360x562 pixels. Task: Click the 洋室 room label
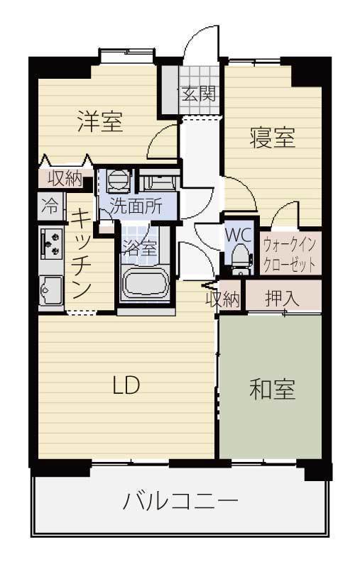(x=100, y=121)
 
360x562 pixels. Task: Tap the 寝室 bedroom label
(x=273, y=137)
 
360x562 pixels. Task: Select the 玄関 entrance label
(x=199, y=93)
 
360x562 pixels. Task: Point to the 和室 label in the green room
(x=273, y=390)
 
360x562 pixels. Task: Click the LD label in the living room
(x=126, y=385)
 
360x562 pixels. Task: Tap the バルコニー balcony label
(x=180, y=501)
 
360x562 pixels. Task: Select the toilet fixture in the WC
(x=241, y=259)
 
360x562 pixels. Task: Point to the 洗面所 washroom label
(x=136, y=206)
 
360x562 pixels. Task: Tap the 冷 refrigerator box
(x=51, y=206)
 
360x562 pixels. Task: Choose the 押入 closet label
(x=282, y=298)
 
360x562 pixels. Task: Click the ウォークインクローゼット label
(x=290, y=255)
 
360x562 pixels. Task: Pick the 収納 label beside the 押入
(x=223, y=299)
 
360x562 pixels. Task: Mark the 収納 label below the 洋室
(x=65, y=178)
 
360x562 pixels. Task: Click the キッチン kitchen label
(x=81, y=255)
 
